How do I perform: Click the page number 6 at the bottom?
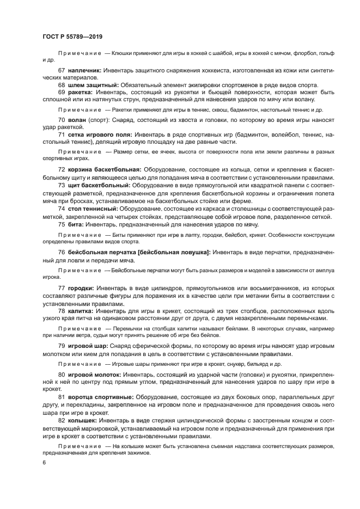coord(43,462)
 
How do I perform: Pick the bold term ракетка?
coord(81,92)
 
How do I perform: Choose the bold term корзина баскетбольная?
coord(105,170)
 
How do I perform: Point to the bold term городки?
coord(81,287)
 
